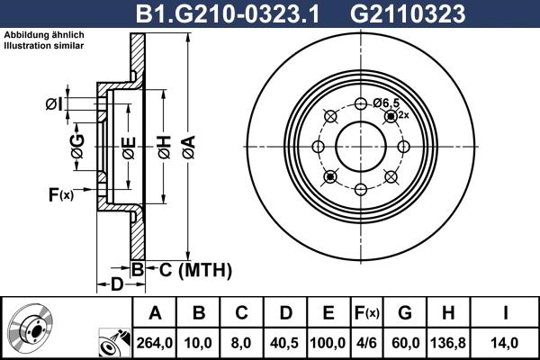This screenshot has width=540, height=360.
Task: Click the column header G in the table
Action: point(405,312)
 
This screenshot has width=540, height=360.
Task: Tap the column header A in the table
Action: point(155,312)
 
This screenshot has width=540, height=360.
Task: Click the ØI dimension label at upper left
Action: point(55,105)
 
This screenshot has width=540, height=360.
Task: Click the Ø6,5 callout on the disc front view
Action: point(388,103)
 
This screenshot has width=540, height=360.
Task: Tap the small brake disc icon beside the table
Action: point(31,328)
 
